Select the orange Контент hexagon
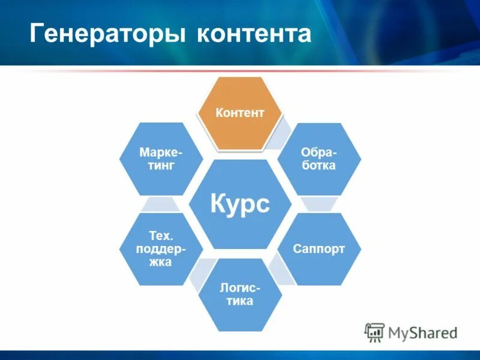pos(240,113)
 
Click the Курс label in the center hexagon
pos(240,205)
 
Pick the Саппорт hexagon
pos(319,248)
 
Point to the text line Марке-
pos(161,152)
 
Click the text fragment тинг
pos(161,166)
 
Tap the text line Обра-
pos(319,152)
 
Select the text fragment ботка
pos(319,166)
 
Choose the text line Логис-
pos(240,288)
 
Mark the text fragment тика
pos(240,301)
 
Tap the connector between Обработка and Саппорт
pos(319,204)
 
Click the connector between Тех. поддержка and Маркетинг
pos(161,204)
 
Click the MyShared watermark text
pos(422,332)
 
